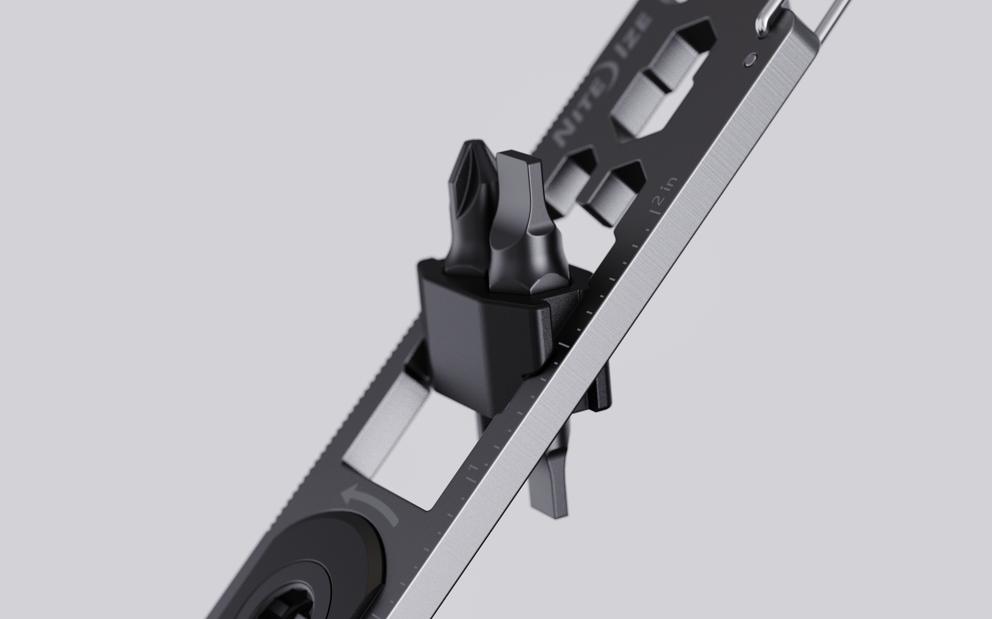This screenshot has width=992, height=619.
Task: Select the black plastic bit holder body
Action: [x=479, y=340]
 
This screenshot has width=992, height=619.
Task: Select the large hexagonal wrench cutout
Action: [x=664, y=82]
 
